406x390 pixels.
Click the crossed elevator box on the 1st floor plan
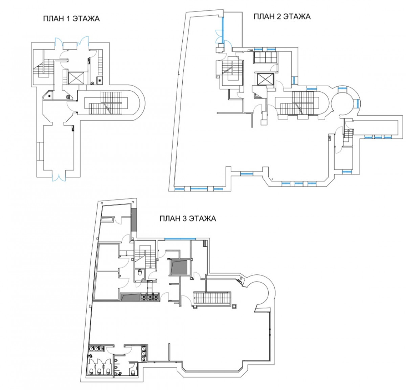click(76, 78)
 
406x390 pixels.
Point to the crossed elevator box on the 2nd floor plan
click(265, 79)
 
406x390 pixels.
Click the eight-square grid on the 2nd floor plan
click(265, 57)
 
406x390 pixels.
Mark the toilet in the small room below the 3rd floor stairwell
click(140, 272)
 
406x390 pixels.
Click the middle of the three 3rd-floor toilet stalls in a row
click(100, 371)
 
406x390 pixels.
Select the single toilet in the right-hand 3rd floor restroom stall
click(132, 371)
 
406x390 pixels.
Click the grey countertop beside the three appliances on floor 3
click(130, 297)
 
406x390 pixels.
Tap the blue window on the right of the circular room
click(357, 103)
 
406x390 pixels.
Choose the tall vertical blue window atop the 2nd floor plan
click(223, 30)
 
